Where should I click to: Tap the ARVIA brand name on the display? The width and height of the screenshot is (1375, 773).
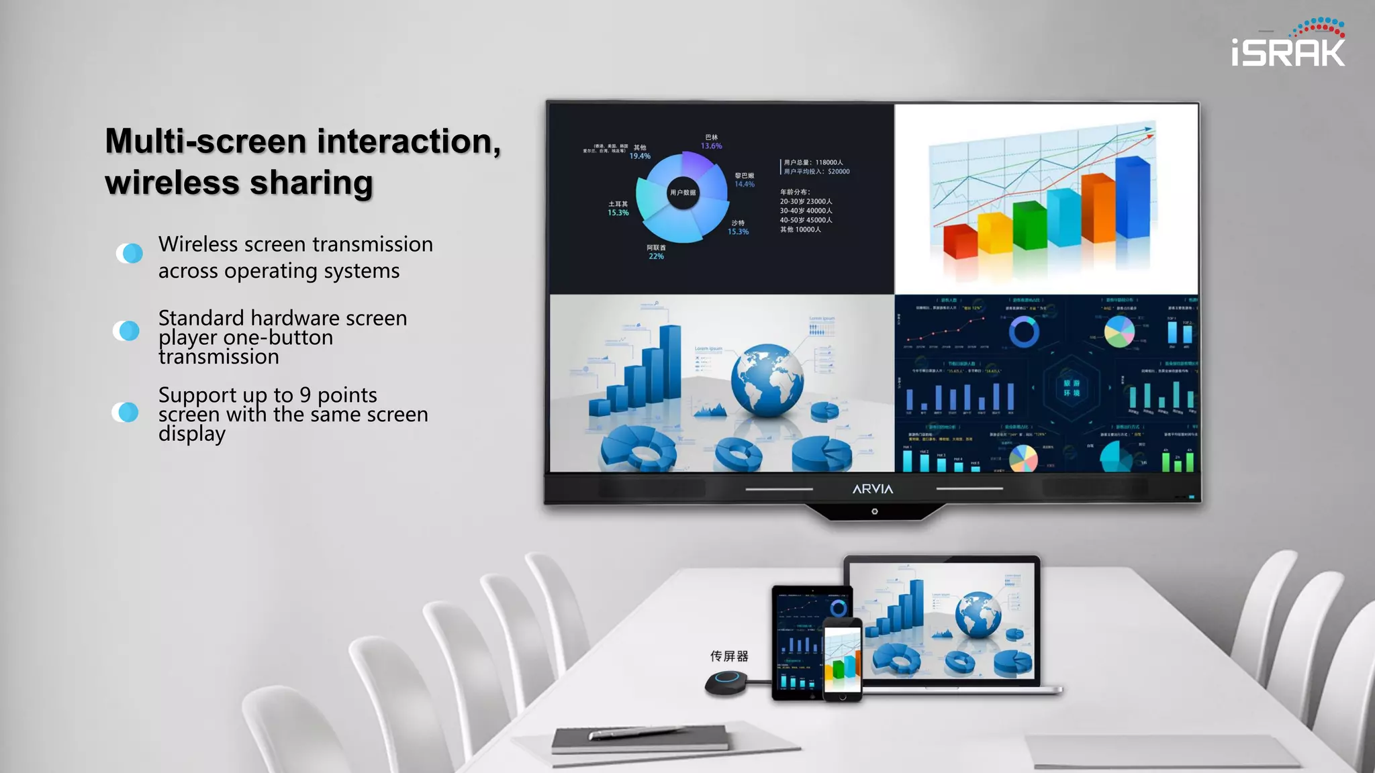click(x=872, y=489)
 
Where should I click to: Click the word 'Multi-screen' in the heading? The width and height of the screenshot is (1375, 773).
click(x=205, y=142)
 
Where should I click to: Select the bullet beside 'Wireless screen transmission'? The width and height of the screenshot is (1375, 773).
click(x=130, y=253)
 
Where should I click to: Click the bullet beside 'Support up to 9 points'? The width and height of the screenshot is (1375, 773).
click(x=126, y=412)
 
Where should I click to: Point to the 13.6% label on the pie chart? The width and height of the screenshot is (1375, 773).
click(x=711, y=146)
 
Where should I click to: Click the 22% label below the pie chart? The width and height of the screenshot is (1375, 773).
click(x=656, y=256)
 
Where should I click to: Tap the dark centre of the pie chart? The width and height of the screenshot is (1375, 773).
click(x=683, y=193)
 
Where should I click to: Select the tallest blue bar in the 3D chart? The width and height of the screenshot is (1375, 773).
click(x=1132, y=197)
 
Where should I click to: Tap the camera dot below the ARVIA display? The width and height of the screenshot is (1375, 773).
click(x=874, y=511)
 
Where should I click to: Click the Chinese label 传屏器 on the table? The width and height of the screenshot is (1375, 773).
click(x=729, y=656)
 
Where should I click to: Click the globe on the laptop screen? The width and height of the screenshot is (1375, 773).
click(x=978, y=615)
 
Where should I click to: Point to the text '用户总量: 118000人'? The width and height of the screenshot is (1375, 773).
click(x=813, y=162)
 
